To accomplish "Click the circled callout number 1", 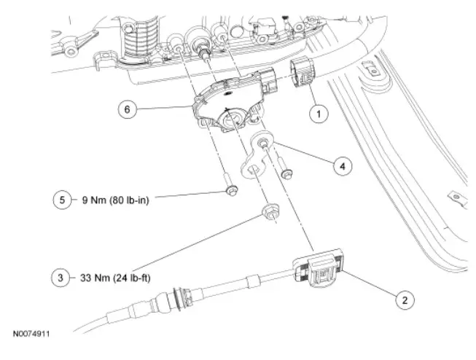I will click(316, 113).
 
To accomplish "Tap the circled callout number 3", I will click(61, 277).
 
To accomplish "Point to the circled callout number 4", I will click(340, 165).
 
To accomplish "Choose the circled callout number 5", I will click(61, 197).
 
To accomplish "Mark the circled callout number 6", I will click(128, 109).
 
